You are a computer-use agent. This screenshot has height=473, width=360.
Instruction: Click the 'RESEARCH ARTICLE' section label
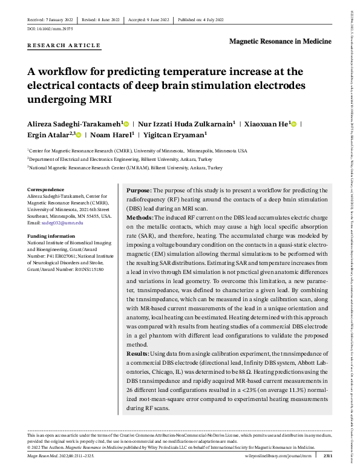tap(64, 46)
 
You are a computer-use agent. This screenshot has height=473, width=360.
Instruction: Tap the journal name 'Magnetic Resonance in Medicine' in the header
tap(281, 41)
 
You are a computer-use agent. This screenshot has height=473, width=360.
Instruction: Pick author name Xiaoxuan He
tap(265, 123)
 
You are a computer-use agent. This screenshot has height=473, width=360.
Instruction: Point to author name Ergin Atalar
tap(48, 135)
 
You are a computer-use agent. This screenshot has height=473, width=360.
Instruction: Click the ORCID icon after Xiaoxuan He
tap(294, 124)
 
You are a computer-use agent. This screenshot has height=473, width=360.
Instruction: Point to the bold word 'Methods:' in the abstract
tap(140, 217)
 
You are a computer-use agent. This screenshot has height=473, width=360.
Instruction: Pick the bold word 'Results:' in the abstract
tap(139, 353)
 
